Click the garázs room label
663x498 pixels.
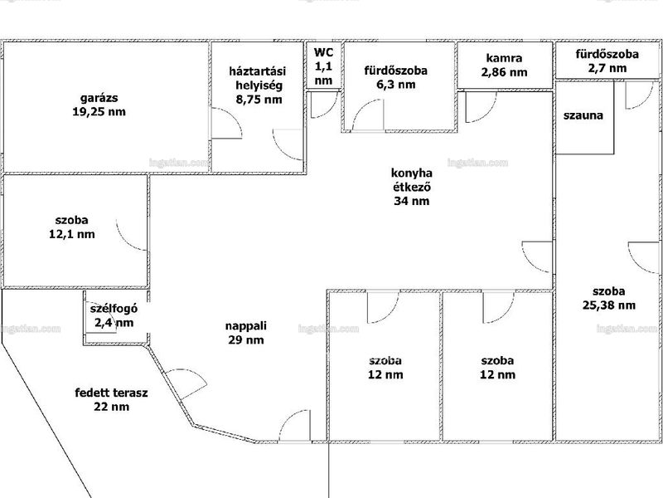coord(99,98)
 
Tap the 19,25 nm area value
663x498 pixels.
coord(99,112)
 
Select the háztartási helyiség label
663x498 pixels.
coord(258,78)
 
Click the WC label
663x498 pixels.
coord(323,52)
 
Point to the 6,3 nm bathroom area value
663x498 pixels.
coord(396,85)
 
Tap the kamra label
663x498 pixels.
coord(504,58)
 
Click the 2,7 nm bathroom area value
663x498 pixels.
coord(607,68)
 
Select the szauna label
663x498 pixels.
coord(583,115)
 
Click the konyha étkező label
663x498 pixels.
coord(412,180)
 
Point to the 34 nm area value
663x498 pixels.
coord(411,201)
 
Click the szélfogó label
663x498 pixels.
coord(114,309)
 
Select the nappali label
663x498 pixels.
coord(245,326)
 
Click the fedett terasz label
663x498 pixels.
coord(112,393)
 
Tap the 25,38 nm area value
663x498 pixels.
coord(609,305)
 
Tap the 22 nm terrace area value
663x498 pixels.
coord(112,407)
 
